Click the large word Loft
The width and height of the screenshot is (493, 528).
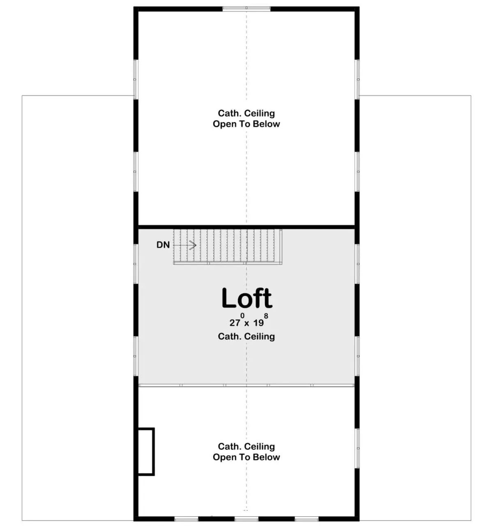246,298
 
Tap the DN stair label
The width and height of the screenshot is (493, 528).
163,245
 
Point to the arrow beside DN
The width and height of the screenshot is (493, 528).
185,245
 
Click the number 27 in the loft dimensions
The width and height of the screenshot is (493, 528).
235,323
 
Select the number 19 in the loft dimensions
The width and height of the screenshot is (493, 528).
258,323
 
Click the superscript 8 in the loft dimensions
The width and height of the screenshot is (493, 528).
266,316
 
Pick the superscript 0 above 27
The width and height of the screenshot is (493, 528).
242,316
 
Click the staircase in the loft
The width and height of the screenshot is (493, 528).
228,247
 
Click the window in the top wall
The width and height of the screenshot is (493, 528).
246,9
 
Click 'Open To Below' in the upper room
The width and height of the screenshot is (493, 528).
246,124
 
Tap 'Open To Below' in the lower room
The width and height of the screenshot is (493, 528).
246,457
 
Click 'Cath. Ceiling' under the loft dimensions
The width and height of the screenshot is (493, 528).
246,336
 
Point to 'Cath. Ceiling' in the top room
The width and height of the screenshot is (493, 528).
246,113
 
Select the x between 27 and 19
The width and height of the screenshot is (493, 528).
247,323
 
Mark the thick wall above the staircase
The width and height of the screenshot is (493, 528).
246,227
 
